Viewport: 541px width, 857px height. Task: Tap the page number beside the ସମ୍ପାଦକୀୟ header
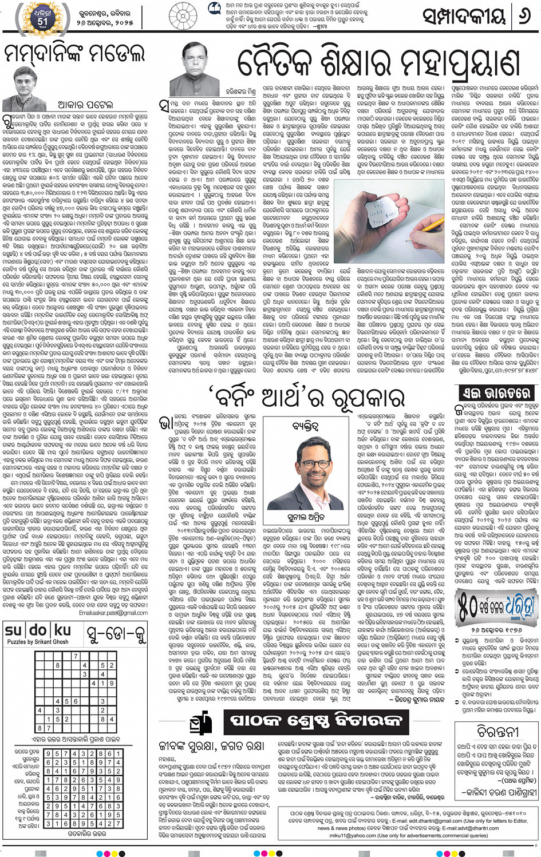point(524,18)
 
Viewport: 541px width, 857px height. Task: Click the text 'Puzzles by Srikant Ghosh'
point(38,642)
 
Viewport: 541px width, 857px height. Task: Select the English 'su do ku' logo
point(38,630)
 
